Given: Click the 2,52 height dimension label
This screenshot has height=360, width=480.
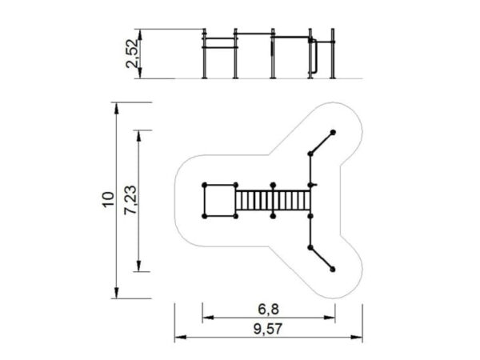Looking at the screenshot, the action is (x=133, y=54).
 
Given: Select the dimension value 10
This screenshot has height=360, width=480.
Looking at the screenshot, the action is (x=108, y=200).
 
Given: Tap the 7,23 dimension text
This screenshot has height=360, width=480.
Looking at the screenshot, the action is (x=130, y=200).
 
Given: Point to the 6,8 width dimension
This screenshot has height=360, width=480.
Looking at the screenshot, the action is (x=269, y=310).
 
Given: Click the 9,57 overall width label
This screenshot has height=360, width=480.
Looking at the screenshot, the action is (x=268, y=329).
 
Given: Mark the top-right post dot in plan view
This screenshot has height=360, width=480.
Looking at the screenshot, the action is (x=333, y=133).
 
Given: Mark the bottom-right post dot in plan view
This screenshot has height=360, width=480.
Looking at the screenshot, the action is (x=333, y=270).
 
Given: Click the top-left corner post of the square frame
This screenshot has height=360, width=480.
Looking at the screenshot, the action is (x=205, y=185).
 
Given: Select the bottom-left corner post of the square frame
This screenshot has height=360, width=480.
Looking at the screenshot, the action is (x=205, y=217).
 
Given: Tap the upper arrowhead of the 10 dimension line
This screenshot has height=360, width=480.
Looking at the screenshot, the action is (x=116, y=108).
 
